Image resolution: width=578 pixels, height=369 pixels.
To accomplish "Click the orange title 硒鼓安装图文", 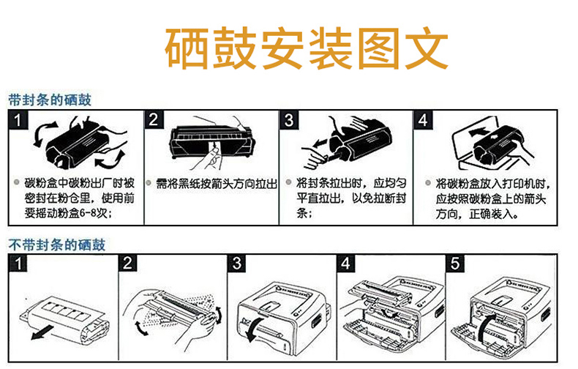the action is click(307, 48).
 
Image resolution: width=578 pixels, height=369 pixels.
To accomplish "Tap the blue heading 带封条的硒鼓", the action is click(50, 100).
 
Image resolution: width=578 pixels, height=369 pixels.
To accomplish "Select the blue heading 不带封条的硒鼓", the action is click(57, 245).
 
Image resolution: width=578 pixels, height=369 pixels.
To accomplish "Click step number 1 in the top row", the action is click(18, 119).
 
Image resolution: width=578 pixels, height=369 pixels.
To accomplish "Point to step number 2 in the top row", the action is click(154, 119).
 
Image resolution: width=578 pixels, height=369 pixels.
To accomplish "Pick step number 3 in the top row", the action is click(289, 119).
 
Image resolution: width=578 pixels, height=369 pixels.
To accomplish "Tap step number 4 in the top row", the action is click(423, 119).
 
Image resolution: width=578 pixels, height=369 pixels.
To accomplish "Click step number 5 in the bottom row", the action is click(455, 264).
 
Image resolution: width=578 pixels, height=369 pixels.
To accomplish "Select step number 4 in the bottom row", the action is click(346, 264).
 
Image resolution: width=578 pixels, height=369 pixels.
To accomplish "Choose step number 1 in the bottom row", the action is click(18, 264).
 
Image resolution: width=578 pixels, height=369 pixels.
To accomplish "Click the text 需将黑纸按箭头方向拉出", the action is click(217, 183).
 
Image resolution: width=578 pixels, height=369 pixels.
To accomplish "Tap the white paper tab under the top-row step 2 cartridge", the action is click(214, 148).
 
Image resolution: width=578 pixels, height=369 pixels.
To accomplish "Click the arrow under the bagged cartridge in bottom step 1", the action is click(43, 333).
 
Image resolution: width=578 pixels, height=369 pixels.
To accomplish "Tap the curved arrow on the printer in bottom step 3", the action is click(255, 329).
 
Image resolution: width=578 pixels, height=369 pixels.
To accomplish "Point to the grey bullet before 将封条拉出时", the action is click(288, 182).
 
